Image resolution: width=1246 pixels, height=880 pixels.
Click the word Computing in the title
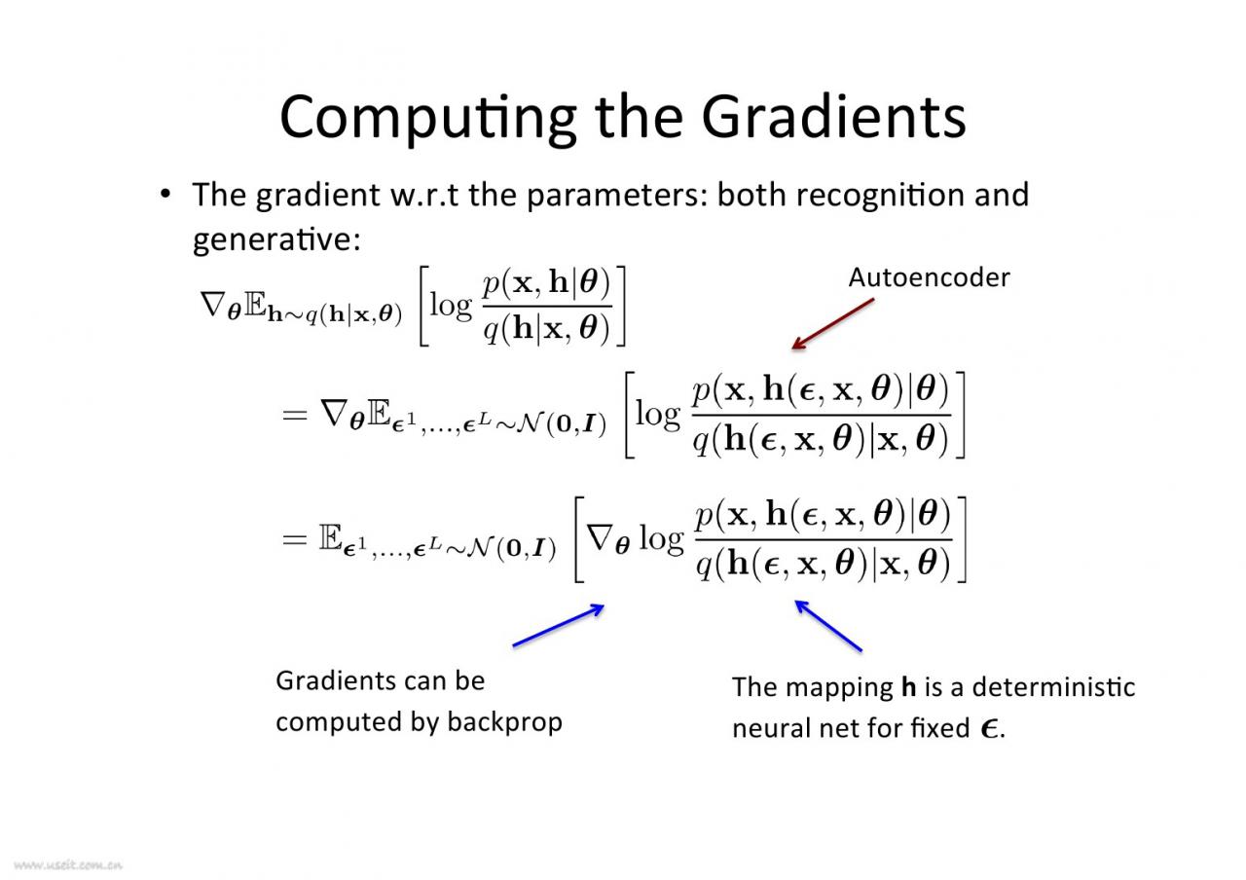(x=428, y=119)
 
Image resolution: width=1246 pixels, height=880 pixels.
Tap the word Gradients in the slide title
(x=834, y=116)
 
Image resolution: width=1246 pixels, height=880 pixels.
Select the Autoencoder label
(x=929, y=277)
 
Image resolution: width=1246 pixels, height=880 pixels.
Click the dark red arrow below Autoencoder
(x=832, y=324)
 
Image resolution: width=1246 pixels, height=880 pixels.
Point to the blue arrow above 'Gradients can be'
(x=558, y=625)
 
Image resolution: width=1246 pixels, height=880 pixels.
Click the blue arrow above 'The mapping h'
(x=828, y=625)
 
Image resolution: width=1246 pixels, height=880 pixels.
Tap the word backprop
(x=504, y=722)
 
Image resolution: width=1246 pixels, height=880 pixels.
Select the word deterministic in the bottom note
(x=1053, y=687)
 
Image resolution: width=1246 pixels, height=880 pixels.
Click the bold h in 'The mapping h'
(x=908, y=687)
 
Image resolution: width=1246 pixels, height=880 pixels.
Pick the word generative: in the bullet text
(x=277, y=239)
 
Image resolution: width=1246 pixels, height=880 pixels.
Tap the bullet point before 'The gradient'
(x=165, y=194)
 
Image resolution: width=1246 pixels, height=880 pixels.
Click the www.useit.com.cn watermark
(x=68, y=865)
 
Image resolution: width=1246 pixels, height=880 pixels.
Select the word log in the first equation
(x=451, y=306)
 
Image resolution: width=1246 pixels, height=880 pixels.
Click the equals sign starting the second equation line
(x=295, y=415)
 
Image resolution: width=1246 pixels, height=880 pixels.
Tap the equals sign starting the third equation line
(x=295, y=538)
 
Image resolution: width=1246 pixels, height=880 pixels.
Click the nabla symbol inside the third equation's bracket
(x=600, y=538)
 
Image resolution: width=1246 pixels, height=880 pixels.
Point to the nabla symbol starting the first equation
(x=212, y=304)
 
